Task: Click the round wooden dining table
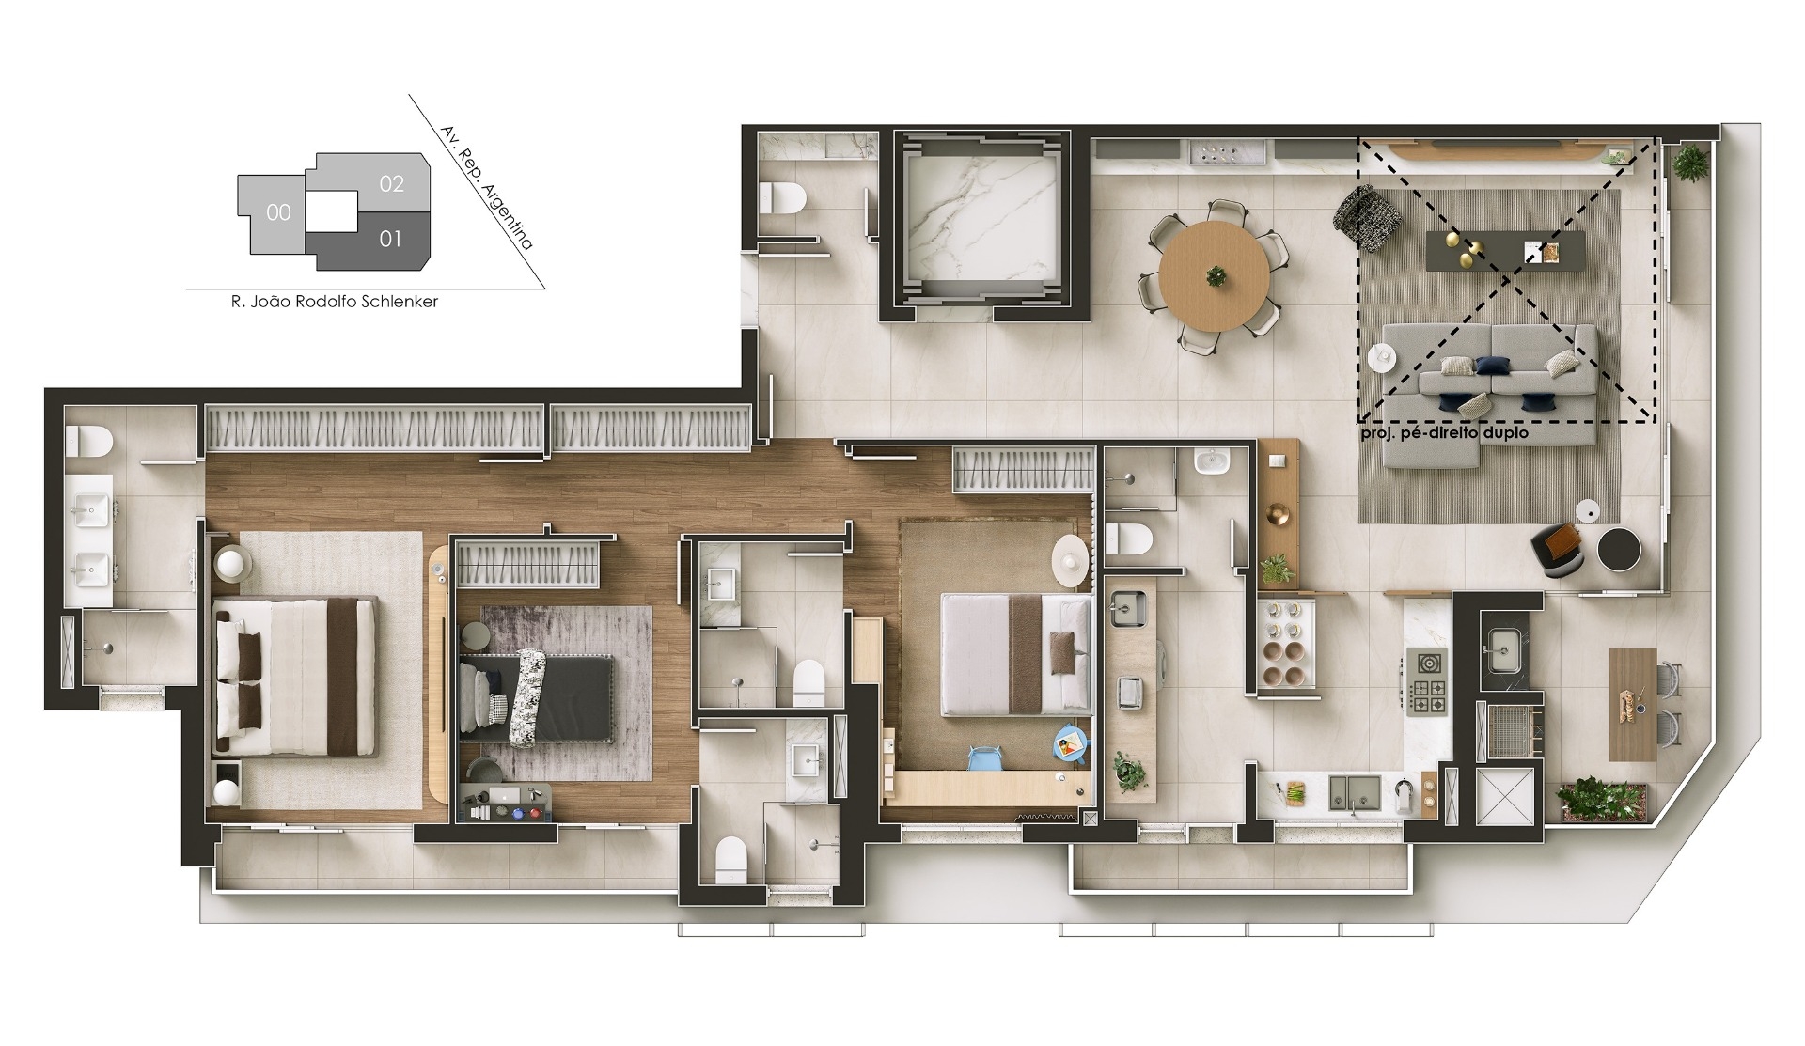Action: coord(1214,275)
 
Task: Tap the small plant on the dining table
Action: coord(1216,276)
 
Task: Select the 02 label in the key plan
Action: coord(392,183)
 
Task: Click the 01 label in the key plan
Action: coord(390,239)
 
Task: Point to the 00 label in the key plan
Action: coord(278,212)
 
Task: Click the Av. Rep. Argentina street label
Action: coord(487,188)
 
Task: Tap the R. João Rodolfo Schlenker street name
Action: coord(335,302)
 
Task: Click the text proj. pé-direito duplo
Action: coord(1445,433)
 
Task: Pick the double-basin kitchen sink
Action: coord(1354,793)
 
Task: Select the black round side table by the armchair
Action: coord(1620,549)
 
